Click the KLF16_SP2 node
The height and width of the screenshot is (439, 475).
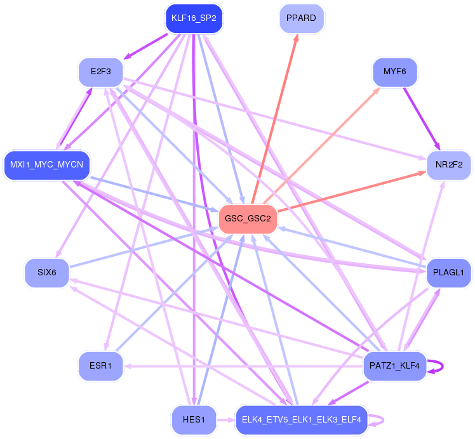pyautogui.click(x=194, y=18)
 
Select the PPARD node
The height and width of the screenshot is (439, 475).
pyautogui.click(x=302, y=18)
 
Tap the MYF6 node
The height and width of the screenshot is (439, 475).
pyautogui.click(x=394, y=71)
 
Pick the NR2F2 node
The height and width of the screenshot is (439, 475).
pyautogui.click(x=448, y=165)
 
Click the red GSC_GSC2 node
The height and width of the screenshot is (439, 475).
pyautogui.click(x=248, y=219)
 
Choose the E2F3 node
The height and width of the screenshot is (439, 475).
pyautogui.click(x=101, y=72)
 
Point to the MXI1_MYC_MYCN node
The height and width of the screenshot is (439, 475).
pyautogui.click(x=46, y=166)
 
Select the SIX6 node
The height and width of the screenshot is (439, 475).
pyautogui.click(x=47, y=273)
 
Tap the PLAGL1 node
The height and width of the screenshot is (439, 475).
pyautogui.click(x=448, y=273)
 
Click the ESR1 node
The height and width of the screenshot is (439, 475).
pyautogui.click(x=101, y=366)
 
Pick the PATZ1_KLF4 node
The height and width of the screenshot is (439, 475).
pyautogui.click(x=394, y=366)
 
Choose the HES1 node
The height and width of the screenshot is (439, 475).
pyautogui.click(x=194, y=419)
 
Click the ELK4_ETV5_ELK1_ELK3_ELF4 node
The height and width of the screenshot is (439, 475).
pyautogui.click(x=302, y=419)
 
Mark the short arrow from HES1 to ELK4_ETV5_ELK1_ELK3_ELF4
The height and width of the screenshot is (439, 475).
pyautogui.click(x=225, y=419)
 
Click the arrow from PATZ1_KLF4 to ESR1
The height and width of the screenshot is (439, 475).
pyautogui.click(x=241, y=366)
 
